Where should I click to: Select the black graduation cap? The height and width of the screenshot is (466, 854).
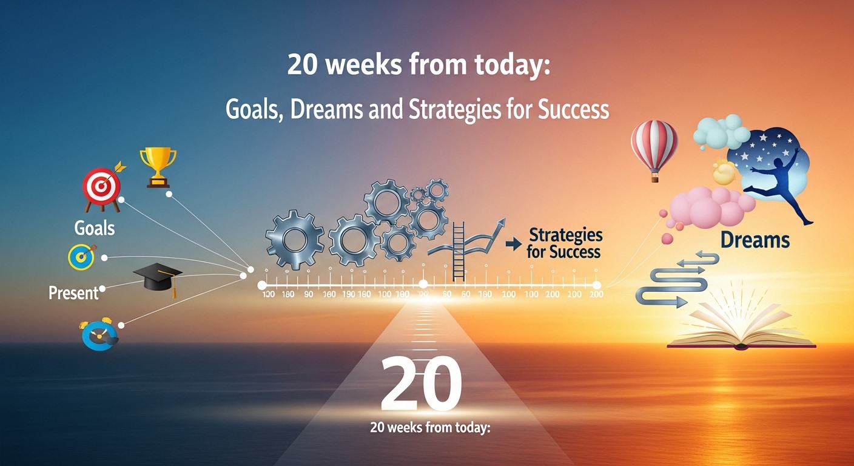tap(157, 279)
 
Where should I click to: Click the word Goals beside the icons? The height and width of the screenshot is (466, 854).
tap(94, 228)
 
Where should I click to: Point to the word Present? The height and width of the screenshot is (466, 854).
tap(73, 293)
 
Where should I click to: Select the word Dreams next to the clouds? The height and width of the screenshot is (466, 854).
tap(755, 240)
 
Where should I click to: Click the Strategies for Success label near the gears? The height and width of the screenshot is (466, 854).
tap(564, 243)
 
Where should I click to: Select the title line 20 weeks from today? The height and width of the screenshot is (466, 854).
tap(418, 66)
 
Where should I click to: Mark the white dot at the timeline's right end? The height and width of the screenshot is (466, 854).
tap(597, 285)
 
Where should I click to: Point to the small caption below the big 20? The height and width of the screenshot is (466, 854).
tap(429, 427)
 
